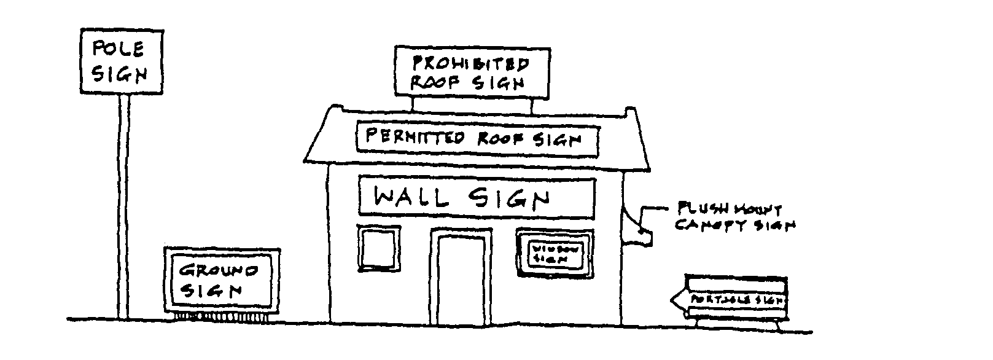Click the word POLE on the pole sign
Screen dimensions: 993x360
[x=118, y=49]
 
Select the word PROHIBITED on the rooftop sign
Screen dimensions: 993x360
[x=470, y=64]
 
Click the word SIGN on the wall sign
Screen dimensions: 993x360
[x=508, y=198]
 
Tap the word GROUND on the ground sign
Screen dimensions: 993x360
[x=219, y=271]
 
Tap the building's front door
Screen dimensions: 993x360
[x=461, y=280]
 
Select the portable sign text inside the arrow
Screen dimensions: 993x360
[x=737, y=300]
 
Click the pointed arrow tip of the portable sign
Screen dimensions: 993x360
[x=673, y=300]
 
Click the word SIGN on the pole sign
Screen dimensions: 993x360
[x=119, y=74]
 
